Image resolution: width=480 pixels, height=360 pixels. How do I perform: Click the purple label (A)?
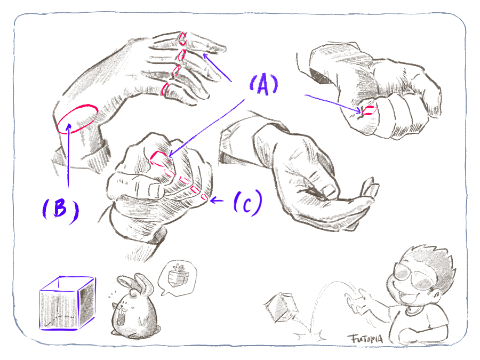coord(263,85)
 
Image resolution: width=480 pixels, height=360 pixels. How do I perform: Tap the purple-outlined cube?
coord(67,303)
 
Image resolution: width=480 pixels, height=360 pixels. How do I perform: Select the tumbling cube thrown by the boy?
coord(281,307)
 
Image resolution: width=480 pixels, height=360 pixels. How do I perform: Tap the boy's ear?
coord(437,295)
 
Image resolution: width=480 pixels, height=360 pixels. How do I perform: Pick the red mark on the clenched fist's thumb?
coord(368,110)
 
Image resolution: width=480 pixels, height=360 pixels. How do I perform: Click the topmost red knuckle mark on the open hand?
coord(182,38)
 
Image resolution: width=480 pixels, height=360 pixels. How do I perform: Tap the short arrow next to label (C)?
coord(217,201)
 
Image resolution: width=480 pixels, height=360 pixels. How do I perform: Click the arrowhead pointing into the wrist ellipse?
coord(69,126)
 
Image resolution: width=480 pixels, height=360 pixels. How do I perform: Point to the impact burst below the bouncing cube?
coord(310,335)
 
